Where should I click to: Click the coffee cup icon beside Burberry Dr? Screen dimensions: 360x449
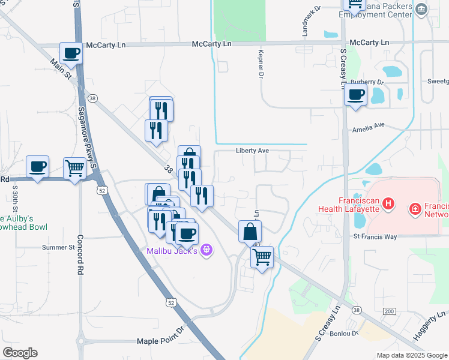point(355,95)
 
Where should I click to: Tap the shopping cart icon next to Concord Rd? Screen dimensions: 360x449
point(74,168)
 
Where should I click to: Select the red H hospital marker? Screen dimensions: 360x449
point(388,205)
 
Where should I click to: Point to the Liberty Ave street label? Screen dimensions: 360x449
point(252,151)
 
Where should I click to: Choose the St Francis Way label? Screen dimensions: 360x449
point(375,236)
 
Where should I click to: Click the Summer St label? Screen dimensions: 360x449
point(58,247)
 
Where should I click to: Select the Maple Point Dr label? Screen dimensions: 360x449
point(162,340)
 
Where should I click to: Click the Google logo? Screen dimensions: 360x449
point(20,352)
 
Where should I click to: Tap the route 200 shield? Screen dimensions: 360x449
point(389,311)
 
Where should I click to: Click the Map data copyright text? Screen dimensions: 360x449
point(411,355)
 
